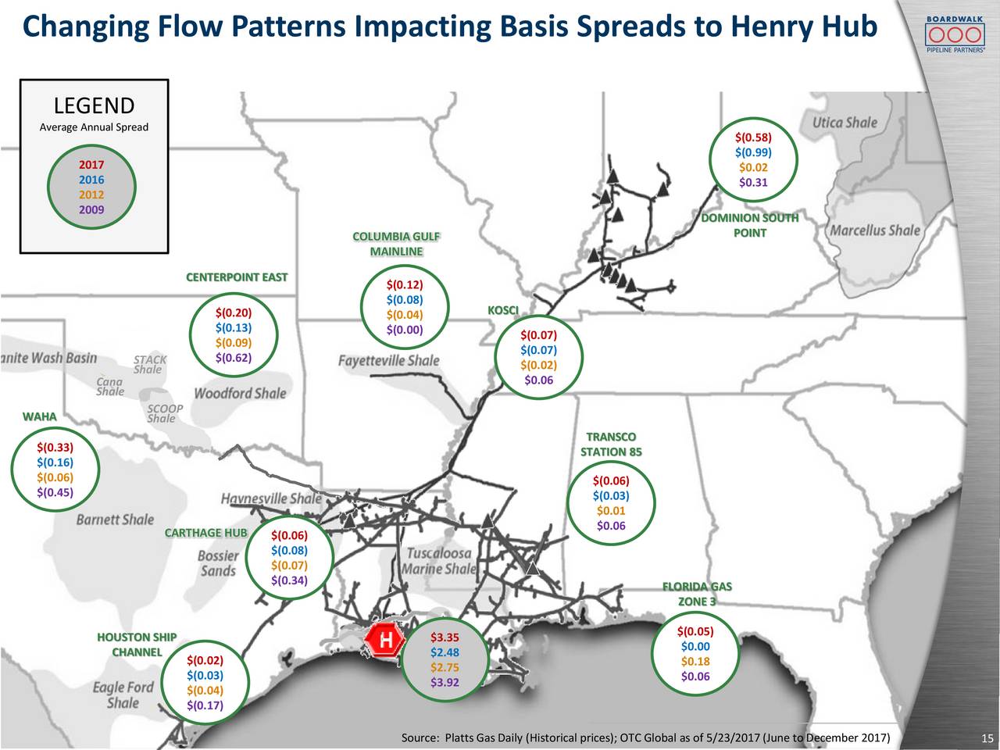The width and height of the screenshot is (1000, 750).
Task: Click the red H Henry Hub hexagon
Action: tap(385, 641)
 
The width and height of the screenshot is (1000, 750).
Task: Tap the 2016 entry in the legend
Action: tap(91, 180)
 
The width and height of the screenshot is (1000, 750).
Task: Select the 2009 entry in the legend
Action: tap(91, 209)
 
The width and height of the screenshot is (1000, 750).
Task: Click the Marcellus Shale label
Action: tap(874, 230)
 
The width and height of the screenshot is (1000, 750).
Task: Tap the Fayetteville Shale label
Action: tap(388, 361)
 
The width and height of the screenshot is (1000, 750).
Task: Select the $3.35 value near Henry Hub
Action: tap(445, 637)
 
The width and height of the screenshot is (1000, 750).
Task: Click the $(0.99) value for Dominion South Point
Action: tap(753, 152)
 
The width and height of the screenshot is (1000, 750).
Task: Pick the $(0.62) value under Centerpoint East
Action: tap(233, 358)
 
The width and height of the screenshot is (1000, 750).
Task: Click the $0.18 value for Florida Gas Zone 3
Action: tap(695, 662)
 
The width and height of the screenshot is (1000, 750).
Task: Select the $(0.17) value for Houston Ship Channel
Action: tap(205, 705)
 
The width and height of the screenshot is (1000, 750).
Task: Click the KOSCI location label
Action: tap(502, 311)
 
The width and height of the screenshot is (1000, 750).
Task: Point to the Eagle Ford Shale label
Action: tap(123, 695)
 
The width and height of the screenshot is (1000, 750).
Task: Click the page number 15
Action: tap(987, 739)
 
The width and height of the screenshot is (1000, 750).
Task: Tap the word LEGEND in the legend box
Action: tap(94, 105)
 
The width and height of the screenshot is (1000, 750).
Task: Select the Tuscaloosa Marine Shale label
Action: tap(438, 560)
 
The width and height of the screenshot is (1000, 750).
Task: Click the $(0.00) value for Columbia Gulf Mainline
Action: tap(404, 329)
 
